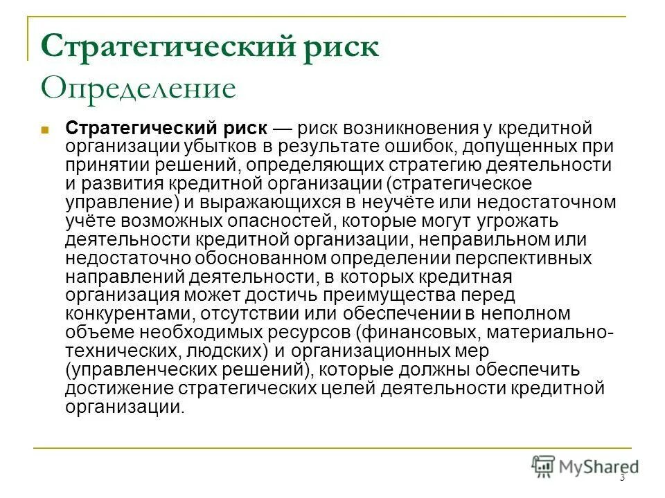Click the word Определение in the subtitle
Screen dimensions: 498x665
pos(139,89)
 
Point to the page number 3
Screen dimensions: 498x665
pos(622,478)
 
